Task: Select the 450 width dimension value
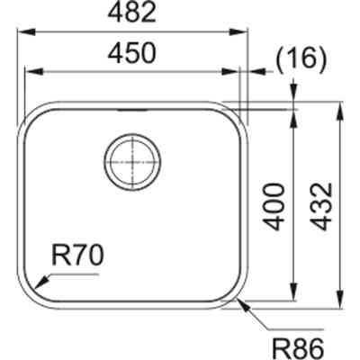[132, 54]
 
